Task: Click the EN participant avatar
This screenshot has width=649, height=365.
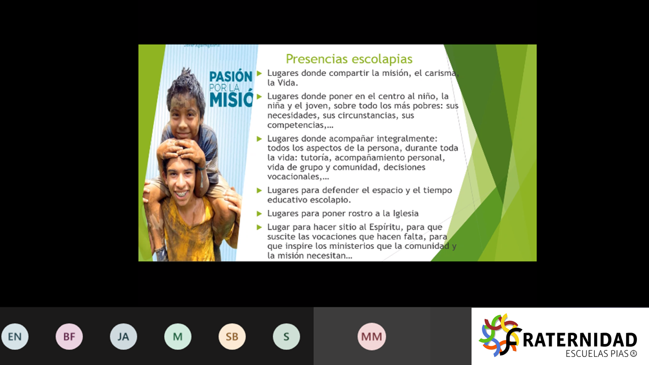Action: click(15, 337)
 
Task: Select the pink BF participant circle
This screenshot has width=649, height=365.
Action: click(69, 337)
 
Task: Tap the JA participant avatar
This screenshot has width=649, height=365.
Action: click(123, 337)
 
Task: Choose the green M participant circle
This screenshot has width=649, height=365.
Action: click(177, 337)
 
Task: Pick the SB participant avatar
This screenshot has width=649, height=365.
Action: click(232, 337)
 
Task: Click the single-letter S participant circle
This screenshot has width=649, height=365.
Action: click(286, 337)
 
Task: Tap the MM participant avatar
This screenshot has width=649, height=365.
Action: click(372, 337)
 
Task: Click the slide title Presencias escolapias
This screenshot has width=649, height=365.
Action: click(349, 59)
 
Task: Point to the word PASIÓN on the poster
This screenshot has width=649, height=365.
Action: click(231, 77)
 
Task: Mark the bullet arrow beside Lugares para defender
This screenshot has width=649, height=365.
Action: click(259, 190)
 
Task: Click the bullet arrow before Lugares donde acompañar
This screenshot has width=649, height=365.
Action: click(259, 139)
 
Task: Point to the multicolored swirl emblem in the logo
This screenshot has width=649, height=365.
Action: click(499, 335)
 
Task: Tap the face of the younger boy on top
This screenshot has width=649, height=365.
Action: click(185, 119)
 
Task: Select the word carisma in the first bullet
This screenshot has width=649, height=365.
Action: click(442, 74)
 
